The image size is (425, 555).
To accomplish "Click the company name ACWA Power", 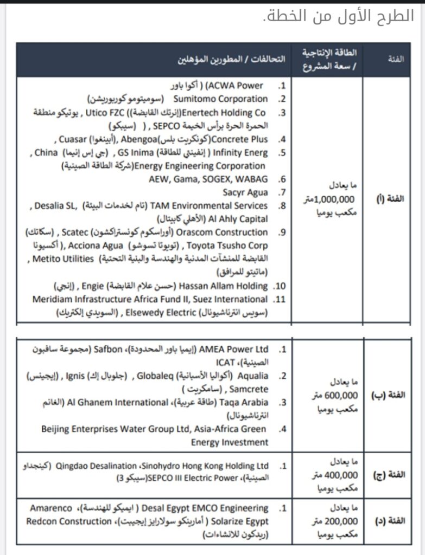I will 242,86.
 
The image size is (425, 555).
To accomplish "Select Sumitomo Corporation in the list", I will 220,99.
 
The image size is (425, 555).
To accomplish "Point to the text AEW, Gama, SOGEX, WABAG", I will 208,179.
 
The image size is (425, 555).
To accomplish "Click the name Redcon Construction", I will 68,521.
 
